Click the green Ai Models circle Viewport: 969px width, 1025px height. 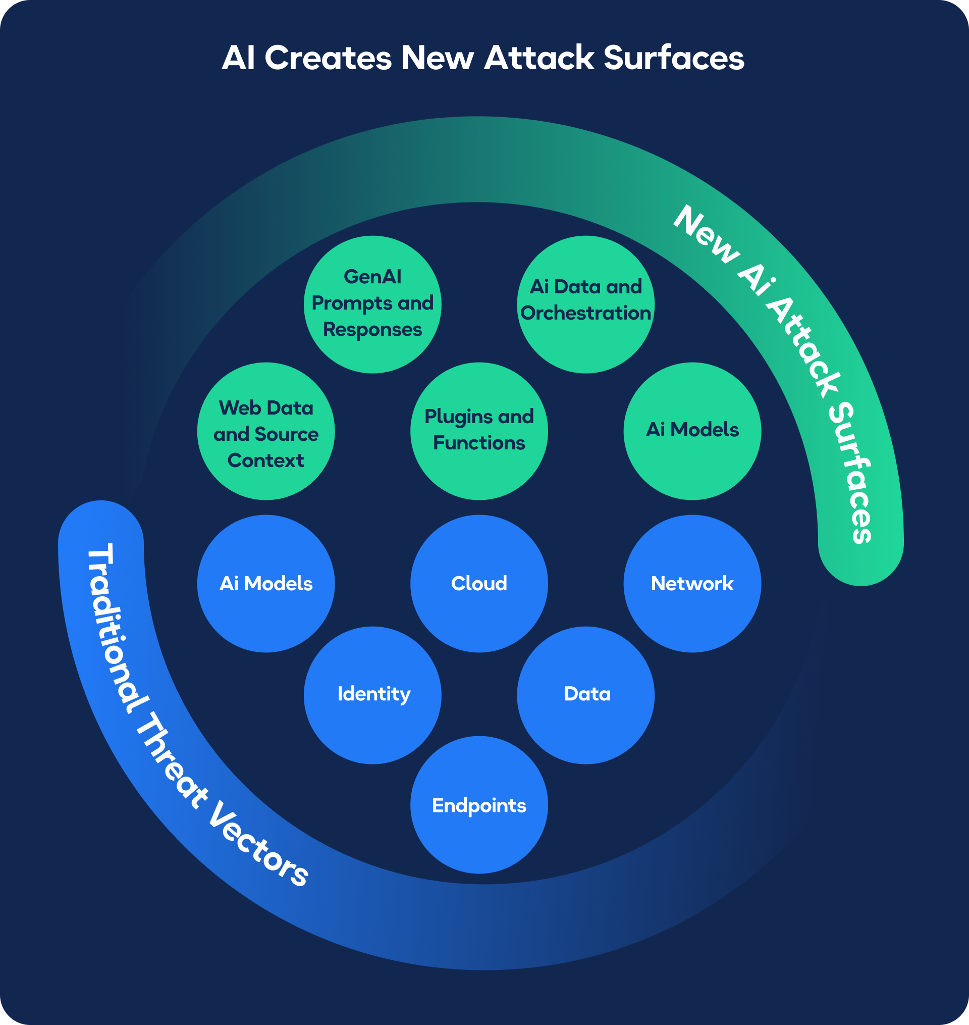(x=692, y=431)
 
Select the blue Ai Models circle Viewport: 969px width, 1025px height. (x=266, y=584)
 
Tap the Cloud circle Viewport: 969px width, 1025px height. (x=479, y=584)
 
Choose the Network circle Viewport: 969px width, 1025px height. (x=692, y=584)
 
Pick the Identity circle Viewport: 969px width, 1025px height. (x=372, y=695)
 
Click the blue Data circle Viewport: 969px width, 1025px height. (x=586, y=695)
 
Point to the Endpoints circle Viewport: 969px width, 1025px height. (x=479, y=805)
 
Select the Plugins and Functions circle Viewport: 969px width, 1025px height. (x=479, y=431)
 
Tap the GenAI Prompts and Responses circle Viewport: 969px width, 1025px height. (x=372, y=304)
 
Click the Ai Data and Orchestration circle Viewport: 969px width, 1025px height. (x=586, y=304)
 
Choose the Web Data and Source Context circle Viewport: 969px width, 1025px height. (x=266, y=431)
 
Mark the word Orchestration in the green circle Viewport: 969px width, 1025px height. (x=586, y=314)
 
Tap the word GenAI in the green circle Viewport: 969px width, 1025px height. (x=372, y=277)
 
